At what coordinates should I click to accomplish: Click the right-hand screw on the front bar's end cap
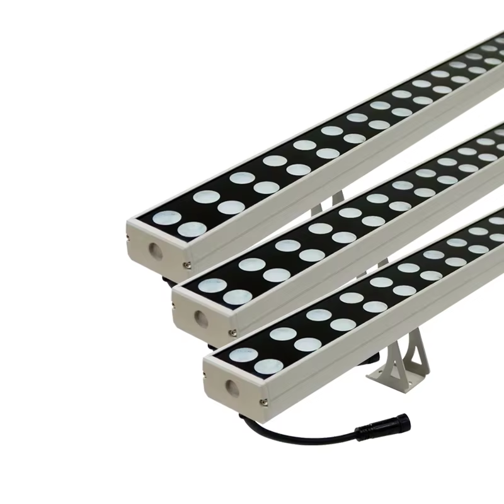pos(264,401)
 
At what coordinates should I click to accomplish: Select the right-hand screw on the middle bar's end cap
pos(233,333)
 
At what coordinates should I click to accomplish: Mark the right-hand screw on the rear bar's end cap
pos(186,264)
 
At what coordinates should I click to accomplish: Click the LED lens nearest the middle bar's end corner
pos(212,286)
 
